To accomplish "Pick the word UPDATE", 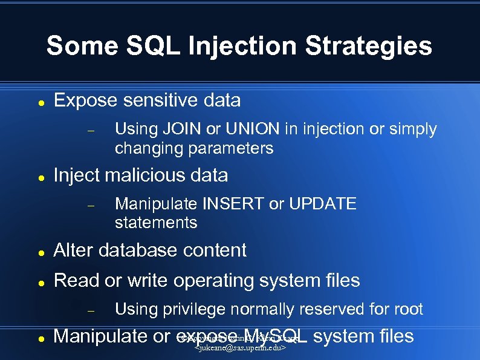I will click(x=322, y=204).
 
